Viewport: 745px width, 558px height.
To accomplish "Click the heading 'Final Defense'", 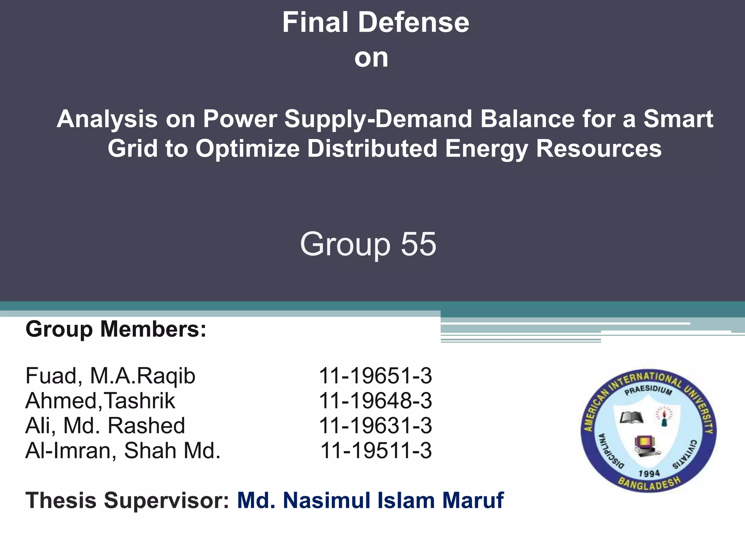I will pos(375,23).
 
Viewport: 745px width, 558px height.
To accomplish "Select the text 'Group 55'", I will pos(368,244).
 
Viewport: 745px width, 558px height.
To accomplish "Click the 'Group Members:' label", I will pos(116,329).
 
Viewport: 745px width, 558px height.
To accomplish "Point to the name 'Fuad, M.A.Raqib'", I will pos(110,376).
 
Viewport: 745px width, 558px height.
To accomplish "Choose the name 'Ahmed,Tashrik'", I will pos(100,401).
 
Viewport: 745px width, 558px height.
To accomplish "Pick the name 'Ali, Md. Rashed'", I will pos(105,425).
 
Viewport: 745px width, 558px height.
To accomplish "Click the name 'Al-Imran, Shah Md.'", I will pos(123,450).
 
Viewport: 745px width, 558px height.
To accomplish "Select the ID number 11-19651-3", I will pos(375,376).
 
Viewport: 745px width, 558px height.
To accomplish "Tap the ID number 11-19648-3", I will pos(375,401).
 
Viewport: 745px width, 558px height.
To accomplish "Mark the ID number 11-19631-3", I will pos(375,425).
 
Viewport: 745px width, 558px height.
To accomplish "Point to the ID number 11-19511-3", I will pos(376,450).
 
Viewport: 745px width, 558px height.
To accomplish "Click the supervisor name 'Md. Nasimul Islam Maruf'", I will pos(370,500).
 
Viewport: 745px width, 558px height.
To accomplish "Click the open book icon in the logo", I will pos(632,417).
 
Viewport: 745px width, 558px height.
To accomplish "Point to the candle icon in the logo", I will pos(664,417).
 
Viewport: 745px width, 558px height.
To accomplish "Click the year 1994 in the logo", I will pos(649,473).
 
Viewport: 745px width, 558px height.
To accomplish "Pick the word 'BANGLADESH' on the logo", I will pos(649,484).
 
